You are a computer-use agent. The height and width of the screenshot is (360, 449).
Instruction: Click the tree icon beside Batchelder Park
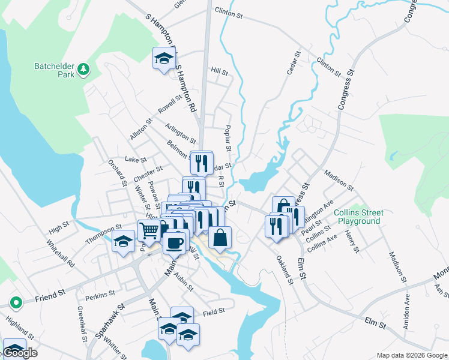coord(83,69)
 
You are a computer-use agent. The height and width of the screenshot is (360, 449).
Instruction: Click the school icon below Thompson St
coord(123,242)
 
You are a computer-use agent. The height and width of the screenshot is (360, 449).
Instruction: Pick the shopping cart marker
coord(149,230)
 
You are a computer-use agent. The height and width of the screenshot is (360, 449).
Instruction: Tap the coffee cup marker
coord(174,243)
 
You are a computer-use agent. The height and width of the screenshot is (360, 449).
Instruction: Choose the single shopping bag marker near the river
coord(220,238)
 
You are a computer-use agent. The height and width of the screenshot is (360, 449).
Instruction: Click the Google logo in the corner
coord(20,353)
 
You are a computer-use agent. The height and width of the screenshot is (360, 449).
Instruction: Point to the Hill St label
coord(220,72)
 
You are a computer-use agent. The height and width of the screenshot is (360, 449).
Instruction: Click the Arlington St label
coord(181,133)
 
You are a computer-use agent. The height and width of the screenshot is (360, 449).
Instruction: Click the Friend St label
coord(49,296)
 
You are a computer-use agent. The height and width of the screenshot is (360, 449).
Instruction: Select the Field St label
coord(213,311)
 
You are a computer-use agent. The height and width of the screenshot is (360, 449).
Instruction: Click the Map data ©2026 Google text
coord(412,355)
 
